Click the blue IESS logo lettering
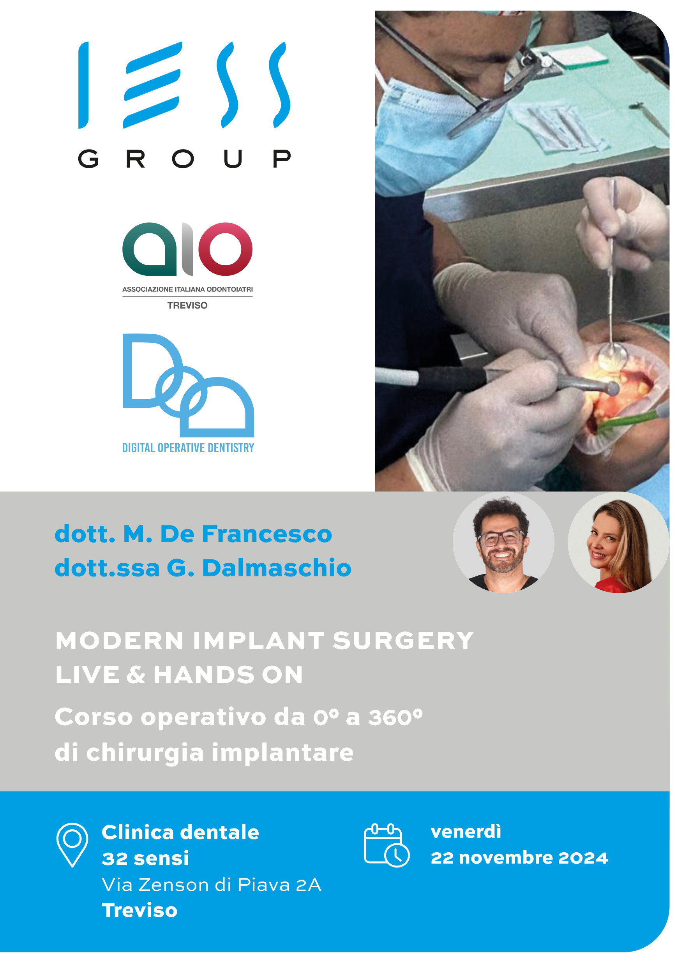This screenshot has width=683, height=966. pos(184,85)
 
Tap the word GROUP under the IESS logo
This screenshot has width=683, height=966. pos(184,159)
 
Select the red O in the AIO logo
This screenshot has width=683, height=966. pos(226,249)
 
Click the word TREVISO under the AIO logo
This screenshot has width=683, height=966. pos(187,305)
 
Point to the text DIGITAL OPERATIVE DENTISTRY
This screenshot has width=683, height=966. pos(188,448)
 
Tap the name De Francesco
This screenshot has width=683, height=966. pos(246,534)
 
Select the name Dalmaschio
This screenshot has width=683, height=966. pos(277,568)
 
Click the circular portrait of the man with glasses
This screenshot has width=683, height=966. pos(503,543)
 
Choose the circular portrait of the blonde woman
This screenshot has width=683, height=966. pos(619,543)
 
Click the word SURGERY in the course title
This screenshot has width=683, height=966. pos(403,641)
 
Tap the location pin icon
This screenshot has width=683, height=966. pos(72,845)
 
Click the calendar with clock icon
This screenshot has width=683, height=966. pos(387,845)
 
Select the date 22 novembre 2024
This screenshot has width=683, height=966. pos(519,858)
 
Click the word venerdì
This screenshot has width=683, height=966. pos(466,832)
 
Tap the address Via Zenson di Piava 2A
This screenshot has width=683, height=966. pos(212,885)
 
